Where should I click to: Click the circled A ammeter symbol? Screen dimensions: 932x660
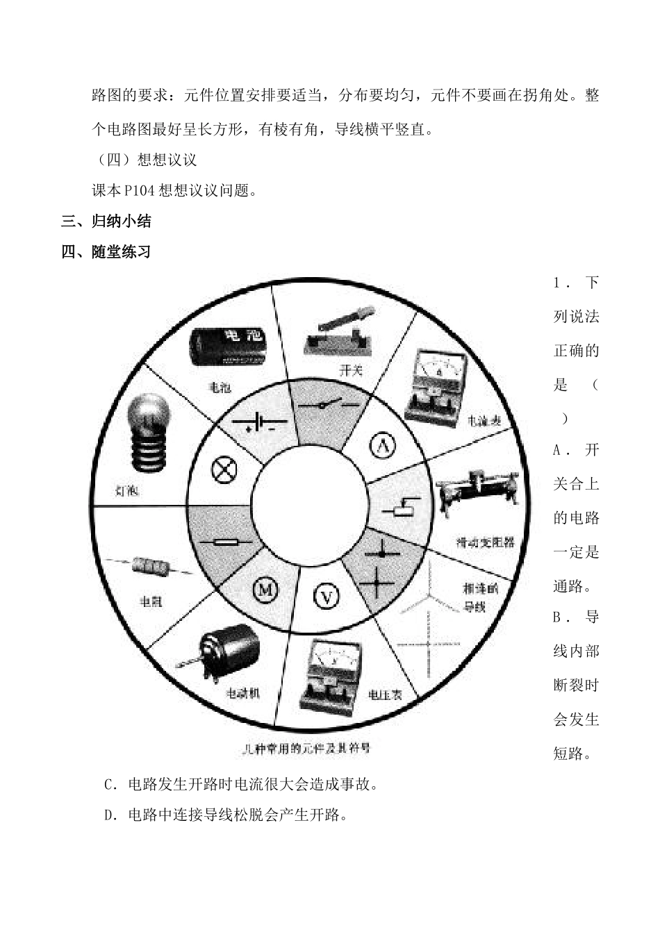[x=381, y=445]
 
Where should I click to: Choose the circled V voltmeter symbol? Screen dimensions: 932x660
[x=327, y=595]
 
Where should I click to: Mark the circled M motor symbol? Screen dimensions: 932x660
[x=265, y=590]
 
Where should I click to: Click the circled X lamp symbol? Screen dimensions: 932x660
[x=224, y=470]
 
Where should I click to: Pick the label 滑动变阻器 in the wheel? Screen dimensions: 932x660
[x=486, y=542]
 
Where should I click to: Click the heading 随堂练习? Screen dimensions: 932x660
[x=121, y=251]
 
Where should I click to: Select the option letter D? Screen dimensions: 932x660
[x=109, y=815]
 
